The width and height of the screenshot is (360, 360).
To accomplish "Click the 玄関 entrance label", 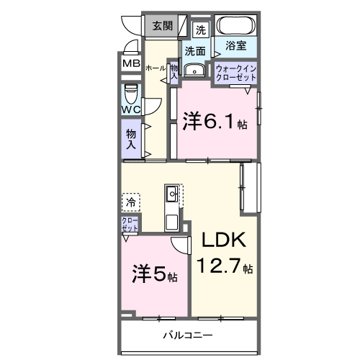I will coord(162,27).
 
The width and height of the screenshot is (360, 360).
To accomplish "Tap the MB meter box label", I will coord(131,63).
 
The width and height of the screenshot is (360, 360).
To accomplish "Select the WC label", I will coord(130,109).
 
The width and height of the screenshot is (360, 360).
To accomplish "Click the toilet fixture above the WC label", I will coord(131,94).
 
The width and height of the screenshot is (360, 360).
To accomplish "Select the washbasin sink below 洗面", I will coord(194,71).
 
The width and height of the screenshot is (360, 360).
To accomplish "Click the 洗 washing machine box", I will coord(201,30).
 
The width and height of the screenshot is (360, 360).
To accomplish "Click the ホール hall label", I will coord(155,67).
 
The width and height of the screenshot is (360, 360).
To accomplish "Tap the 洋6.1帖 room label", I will coord(215,121).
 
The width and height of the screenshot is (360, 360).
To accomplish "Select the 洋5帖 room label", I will coord(154,275).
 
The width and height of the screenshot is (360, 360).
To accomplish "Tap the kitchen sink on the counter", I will coord(173,193).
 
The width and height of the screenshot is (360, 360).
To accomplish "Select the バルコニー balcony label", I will coord(187,335).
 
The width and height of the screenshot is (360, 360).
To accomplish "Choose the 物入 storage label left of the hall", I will coord(131,138).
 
